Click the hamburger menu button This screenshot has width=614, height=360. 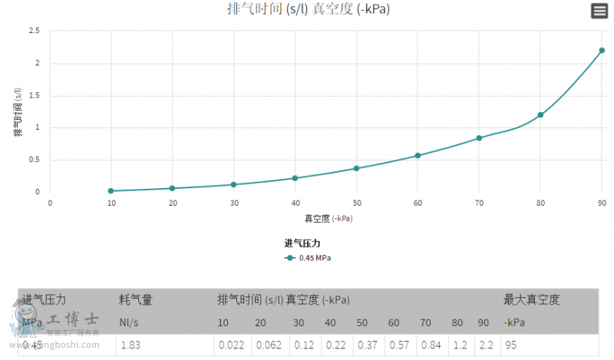[x=599, y=11]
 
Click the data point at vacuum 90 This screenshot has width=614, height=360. [x=602, y=51]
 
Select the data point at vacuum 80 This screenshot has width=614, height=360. [x=540, y=115]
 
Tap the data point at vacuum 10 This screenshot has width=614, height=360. [x=111, y=190]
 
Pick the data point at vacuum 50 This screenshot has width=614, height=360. [x=356, y=168]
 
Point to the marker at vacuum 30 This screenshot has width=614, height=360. [x=234, y=184]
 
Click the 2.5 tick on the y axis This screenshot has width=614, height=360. [x=35, y=31]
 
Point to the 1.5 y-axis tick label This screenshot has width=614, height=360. [x=35, y=95]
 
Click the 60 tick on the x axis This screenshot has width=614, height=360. [x=418, y=203]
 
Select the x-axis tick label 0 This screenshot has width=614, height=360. [x=50, y=203]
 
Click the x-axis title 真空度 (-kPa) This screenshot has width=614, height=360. [x=328, y=218]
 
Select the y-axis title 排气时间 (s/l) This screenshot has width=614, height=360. [x=18, y=111]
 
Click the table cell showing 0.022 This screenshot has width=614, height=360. [x=231, y=345]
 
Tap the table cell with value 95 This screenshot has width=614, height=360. [x=511, y=345]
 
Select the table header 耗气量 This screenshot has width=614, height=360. [x=136, y=299]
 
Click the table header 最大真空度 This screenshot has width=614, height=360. [x=532, y=299]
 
